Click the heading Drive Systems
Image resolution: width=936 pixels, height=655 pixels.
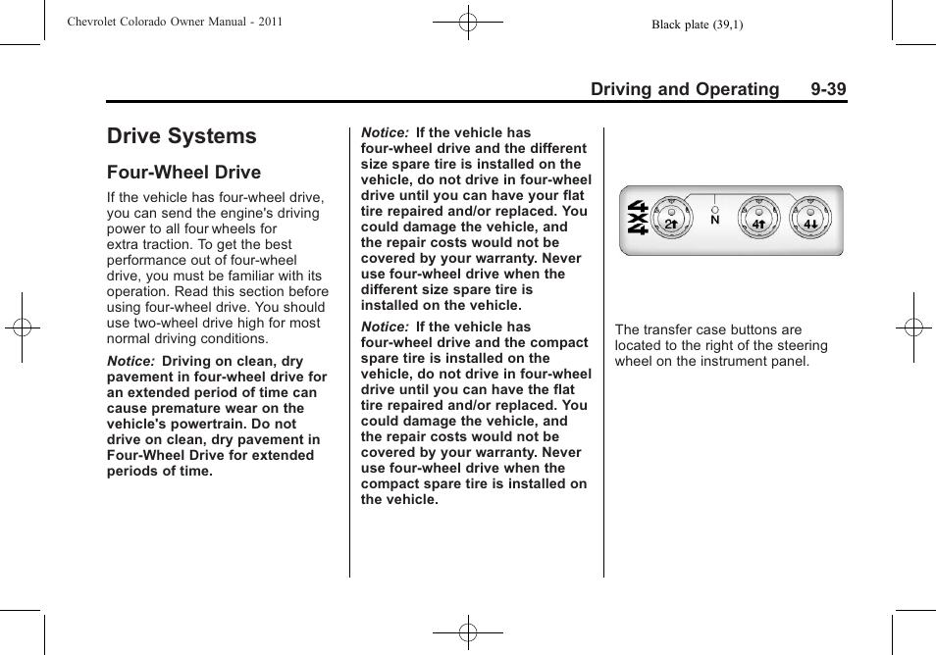click(x=182, y=136)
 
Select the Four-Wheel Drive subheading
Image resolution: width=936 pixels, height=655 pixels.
click(x=183, y=173)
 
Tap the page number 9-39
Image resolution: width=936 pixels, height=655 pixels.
click(x=828, y=89)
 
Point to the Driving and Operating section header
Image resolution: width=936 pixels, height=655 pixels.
click(x=684, y=89)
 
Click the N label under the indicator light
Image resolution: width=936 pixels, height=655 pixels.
click(x=714, y=221)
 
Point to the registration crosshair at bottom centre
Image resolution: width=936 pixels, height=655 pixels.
click(x=468, y=633)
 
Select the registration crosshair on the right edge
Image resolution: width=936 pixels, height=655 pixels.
click(x=913, y=327)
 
